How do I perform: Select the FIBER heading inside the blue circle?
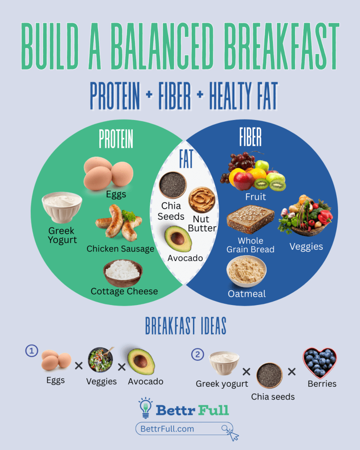(x=250, y=137)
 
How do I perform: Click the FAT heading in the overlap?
(x=186, y=160)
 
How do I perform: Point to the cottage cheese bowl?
(x=123, y=272)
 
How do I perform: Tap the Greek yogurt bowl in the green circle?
(x=62, y=207)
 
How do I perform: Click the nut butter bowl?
(x=202, y=200)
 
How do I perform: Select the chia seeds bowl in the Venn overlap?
(x=172, y=185)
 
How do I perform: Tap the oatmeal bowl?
(x=246, y=271)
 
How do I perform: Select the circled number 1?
(x=32, y=351)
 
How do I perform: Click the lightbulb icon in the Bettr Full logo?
(x=145, y=408)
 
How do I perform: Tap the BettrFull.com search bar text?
(x=167, y=428)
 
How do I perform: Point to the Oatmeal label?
(x=247, y=294)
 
